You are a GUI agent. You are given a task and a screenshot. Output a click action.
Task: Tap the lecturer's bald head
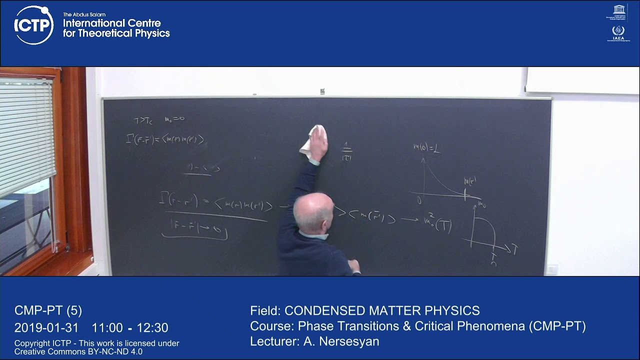pos(312,210)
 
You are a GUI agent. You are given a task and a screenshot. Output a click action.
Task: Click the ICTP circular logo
pos(33,25)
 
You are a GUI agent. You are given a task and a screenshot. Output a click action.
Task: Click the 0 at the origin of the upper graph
pos(419,201)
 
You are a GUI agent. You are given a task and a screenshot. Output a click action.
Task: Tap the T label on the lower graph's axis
pos(514,248)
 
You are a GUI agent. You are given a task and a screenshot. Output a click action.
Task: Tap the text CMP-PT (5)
pos(48,310)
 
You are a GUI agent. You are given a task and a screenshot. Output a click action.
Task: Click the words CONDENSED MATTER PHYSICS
pos(382,310)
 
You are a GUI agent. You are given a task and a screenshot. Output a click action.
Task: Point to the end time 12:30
pos(153,328)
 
